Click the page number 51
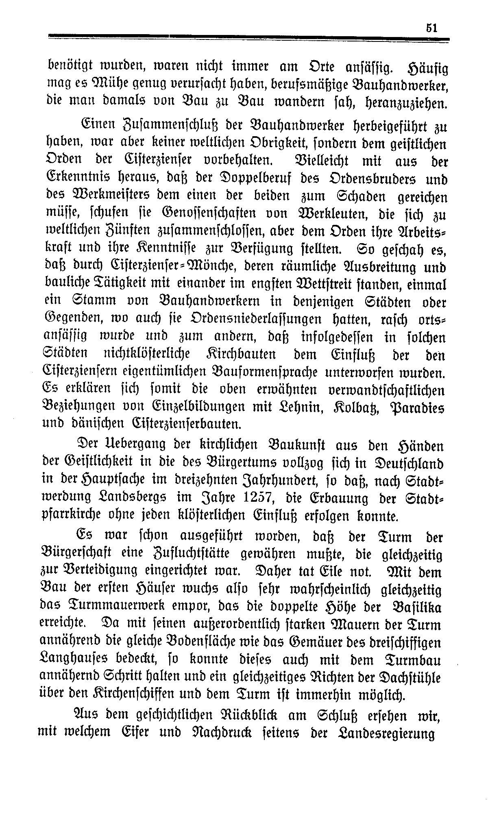click(431, 28)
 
